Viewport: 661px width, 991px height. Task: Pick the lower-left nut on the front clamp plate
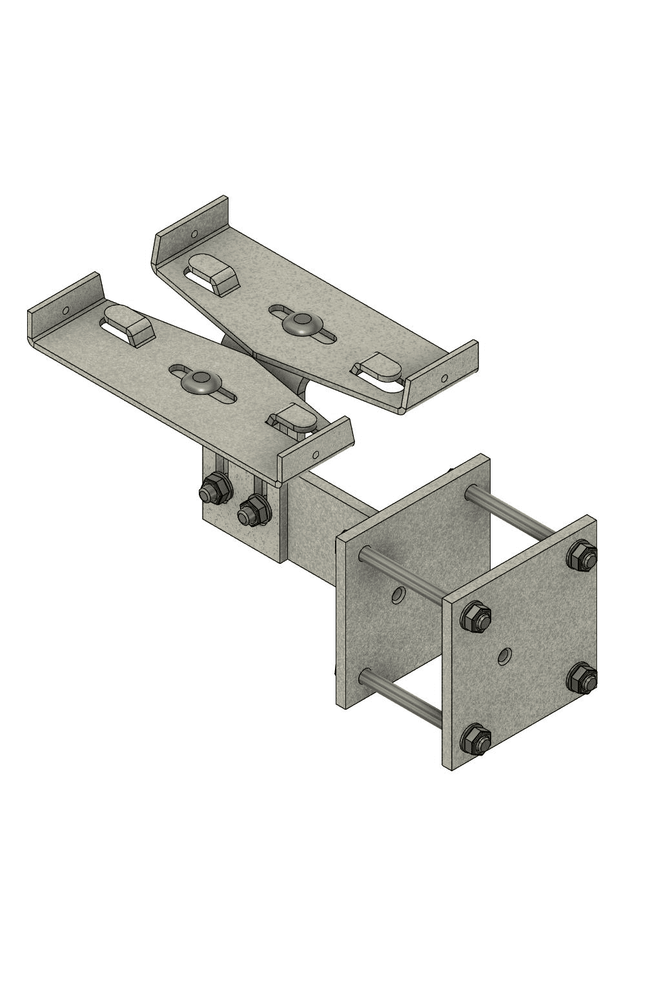pyautogui.click(x=476, y=739)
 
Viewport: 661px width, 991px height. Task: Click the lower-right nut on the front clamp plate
pyautogui.click(x=583, y=679)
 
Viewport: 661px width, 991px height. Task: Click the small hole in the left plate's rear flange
pyautogui.click(x=65, y=310)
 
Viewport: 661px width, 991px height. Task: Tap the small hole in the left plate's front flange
pyautogui.click(x=315, y=454)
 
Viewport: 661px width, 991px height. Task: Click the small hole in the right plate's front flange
pyautogui.click(x=443, y=378)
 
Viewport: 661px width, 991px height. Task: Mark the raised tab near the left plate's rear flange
pyautogui.click(x=129, y=323)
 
